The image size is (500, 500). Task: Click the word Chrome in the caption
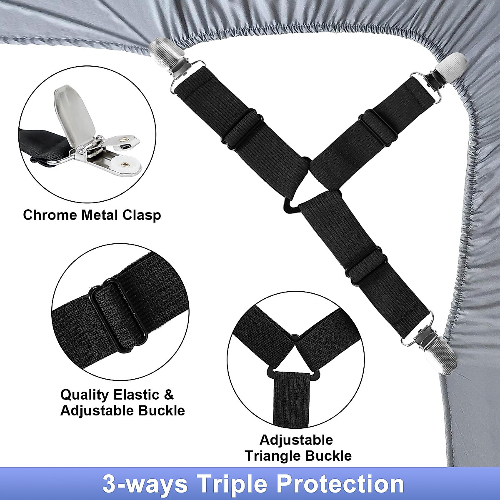50,215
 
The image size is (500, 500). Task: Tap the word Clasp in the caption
142,215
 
